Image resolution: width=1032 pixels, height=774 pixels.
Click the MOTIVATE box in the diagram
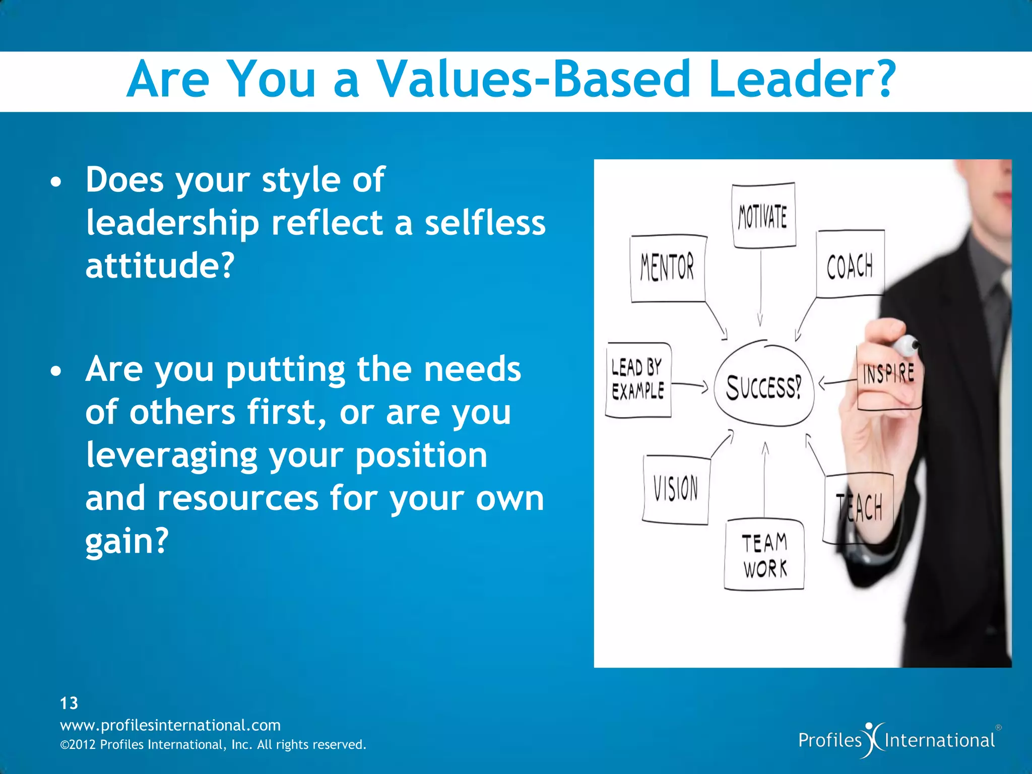click(763, 216)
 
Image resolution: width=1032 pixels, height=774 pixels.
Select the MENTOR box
click(668, 268)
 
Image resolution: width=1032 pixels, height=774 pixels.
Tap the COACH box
click(850, 264)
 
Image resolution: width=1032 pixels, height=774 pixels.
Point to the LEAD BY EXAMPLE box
click(638, 380)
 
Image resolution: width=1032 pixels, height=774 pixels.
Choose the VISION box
click(676, 489)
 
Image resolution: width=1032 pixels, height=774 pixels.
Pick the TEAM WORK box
click(764, 555)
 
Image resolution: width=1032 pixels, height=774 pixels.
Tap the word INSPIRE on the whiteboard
click(888, 374)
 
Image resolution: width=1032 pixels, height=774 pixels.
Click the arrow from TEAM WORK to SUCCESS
click(764, 479)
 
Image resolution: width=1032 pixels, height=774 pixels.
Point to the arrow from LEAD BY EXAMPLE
click(690, 385)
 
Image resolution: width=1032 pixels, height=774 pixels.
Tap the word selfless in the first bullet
click(485, 223)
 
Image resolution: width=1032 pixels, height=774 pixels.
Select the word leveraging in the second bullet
click(171, 456)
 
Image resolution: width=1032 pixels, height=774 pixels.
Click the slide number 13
click(69, 703)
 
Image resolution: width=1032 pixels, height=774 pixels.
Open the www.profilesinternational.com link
click(170, 725)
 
